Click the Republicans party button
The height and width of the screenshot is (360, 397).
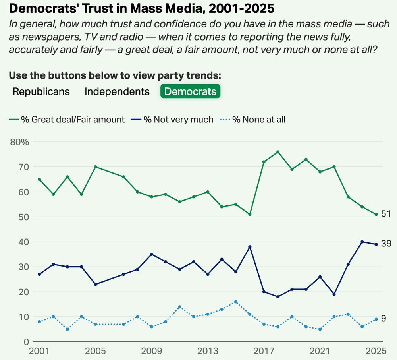tap(41, 91)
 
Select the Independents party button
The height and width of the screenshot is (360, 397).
tap(117, 91)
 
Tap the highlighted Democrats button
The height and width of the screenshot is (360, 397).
tap(190, 91)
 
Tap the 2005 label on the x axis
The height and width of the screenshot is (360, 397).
tap(95, 351)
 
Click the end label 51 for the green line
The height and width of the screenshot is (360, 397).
tap(386, 214)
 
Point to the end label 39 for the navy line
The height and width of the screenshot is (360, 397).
tap(386, 244)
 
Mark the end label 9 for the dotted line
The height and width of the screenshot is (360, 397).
tap(384, 319)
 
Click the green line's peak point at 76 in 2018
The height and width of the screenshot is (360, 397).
tap(278, 152)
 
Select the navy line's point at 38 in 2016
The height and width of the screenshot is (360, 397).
tap(250, 247)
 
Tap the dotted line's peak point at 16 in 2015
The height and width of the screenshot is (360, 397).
tap(236, 302)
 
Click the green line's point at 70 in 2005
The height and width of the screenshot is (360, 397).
tap(95, 167)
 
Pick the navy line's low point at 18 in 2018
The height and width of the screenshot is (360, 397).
tap(278, 297)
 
